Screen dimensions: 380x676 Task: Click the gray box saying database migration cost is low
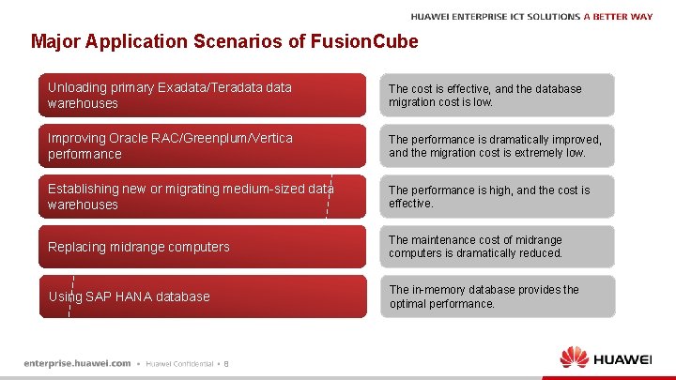click(497, 95)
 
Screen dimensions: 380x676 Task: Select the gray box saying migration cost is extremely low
click(497, 145)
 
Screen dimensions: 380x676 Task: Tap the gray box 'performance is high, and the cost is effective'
click(497, 196)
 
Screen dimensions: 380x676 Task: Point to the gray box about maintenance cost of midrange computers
click(497, 246)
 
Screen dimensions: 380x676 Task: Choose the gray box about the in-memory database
click(497, 296)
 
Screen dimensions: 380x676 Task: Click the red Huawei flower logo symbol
click(574, 357)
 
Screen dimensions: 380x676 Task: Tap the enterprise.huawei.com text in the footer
click(77, 363)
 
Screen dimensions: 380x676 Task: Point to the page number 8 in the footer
click(226, 364)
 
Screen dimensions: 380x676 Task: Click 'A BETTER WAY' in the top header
click(617, 16)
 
